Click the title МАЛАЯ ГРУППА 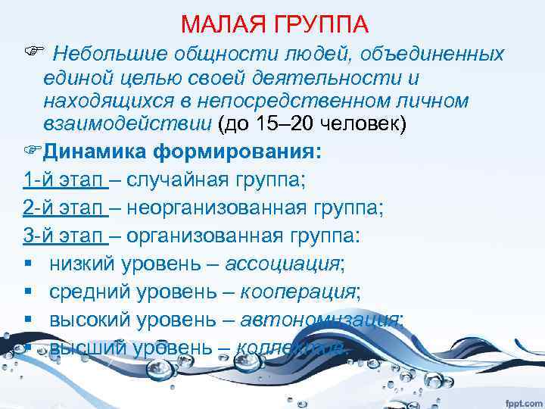275,25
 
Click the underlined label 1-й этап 64,180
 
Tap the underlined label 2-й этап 64,207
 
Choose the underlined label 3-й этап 64,235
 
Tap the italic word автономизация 322,319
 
